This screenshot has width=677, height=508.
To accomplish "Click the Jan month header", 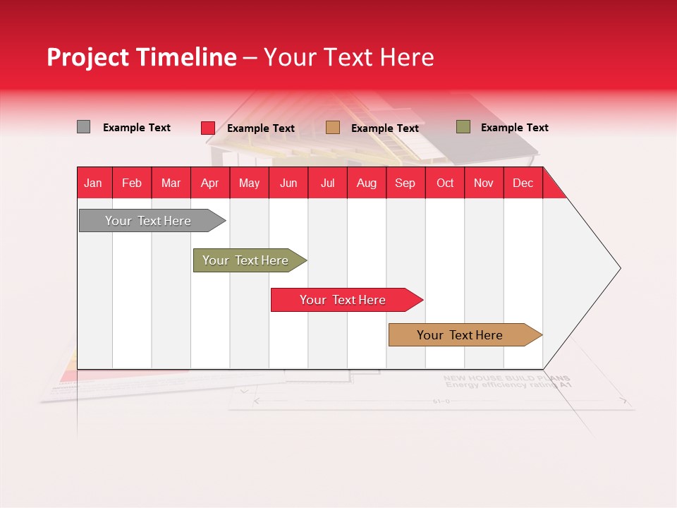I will coord(93,183).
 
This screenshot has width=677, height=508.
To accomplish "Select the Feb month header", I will coord(132,183).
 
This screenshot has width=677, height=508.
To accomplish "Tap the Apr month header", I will coord(209,183).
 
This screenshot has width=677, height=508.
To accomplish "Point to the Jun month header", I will coord(288,183).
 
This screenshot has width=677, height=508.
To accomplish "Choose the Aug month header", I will coord(366,183).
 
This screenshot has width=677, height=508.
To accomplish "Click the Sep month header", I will coord(405,183).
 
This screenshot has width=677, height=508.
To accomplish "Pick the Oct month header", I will coord(445,183).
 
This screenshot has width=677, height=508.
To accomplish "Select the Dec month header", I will coord(523,183).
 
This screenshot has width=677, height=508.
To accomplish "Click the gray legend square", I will coord(83,127).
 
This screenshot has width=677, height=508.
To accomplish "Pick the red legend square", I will coord(207,128).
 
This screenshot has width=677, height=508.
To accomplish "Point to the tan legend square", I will coord(333,128).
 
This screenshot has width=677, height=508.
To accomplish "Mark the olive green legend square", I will coord(463,127).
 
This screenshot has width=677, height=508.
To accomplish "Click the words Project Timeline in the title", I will coord(141,57).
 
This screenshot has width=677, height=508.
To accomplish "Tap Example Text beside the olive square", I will coord(514,128).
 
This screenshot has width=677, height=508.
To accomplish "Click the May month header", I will coord(249,183).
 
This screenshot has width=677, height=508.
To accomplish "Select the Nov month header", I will coord(483,183).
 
